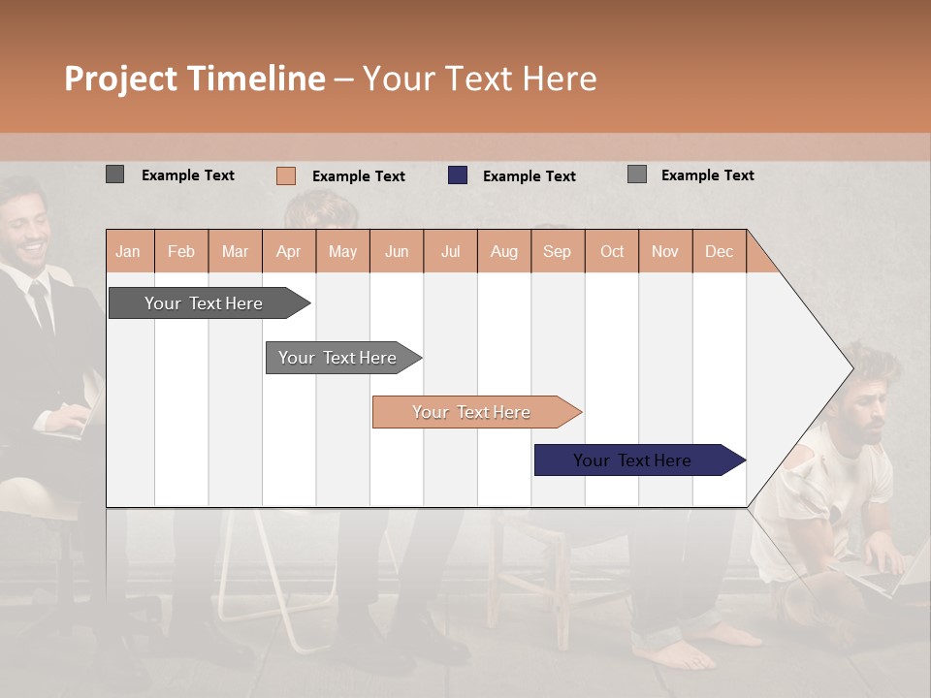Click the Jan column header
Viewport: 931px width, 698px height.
(129, 252)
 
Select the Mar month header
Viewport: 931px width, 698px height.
(235, 252)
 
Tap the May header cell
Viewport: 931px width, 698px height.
(342, 252)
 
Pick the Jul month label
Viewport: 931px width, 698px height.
(450, 252)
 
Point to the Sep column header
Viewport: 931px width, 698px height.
(557, 252)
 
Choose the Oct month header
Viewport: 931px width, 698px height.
(612, 252)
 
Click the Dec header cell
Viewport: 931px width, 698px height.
(719, 252)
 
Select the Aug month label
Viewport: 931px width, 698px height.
(503, 252)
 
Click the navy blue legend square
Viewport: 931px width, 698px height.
(458, 175)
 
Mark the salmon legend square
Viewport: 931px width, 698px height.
(286, 175)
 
